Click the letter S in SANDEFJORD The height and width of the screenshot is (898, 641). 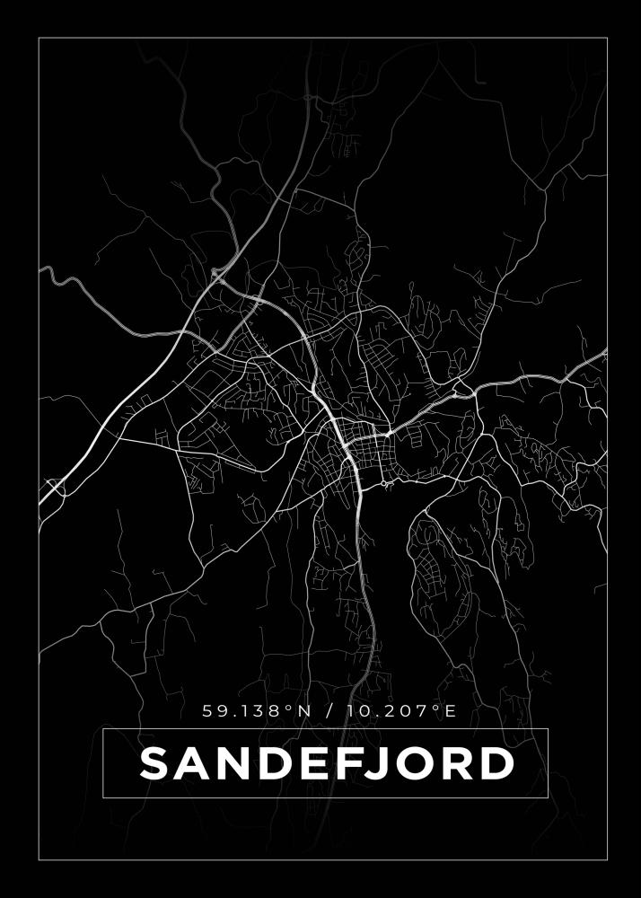pos(157,764)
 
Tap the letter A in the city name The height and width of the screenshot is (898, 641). pos(196,764)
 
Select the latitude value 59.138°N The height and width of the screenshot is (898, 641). pos(257,711)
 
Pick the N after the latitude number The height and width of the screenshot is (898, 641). pos(303,711)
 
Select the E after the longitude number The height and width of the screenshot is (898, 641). pos(451,711)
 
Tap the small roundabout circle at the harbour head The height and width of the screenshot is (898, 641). pos(383,484)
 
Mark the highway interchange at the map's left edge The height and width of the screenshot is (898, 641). pos(55,488)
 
